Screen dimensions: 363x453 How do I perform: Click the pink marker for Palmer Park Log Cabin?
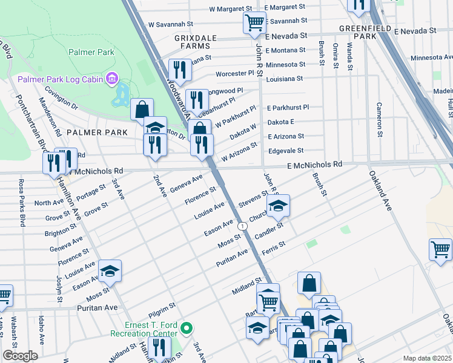point(111,79)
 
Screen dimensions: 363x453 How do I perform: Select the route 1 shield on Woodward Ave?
point(242,226)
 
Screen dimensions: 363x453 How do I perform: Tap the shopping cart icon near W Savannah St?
point(254,23)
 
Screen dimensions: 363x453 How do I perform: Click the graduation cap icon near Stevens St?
point(279,206)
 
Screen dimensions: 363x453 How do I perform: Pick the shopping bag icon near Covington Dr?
point(142,110)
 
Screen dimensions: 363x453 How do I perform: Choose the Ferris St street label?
point(274,247)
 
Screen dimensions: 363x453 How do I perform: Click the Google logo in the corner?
point(20,356)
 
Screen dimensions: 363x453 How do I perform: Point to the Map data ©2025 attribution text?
point(427,358)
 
